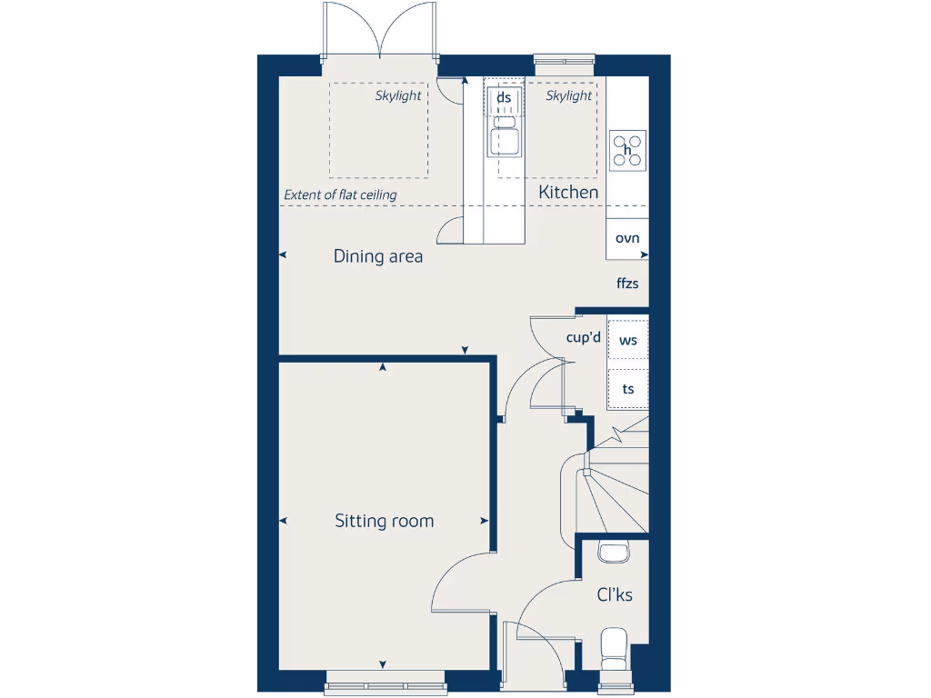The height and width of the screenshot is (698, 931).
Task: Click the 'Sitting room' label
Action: pos(384,521)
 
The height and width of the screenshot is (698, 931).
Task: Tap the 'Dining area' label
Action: pos(377,256)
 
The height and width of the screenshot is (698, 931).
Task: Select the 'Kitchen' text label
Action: pos(568,192)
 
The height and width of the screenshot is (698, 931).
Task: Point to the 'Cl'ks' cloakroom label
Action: pos(615,595)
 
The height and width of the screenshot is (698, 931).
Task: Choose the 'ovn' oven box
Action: pos(627,239)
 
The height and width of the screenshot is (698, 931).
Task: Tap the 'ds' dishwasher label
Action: pos(504,97)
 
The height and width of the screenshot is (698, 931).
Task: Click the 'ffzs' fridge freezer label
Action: pos(627,284)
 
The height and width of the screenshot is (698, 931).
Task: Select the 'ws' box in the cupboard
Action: pos(627,341)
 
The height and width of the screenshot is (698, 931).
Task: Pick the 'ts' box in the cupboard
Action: pos(627,389)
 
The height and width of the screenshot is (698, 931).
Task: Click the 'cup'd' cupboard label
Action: pos(583,338)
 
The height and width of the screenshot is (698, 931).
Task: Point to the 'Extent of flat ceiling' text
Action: pos(340,194)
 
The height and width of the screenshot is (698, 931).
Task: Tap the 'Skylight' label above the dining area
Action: pos(398,95)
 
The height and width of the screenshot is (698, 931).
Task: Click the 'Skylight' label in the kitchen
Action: pos(569,95)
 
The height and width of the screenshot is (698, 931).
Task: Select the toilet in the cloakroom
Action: pos(615,648)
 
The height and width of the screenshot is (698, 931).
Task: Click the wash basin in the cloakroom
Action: pos(614,551)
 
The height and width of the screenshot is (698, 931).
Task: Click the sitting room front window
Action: pos(385,686)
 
